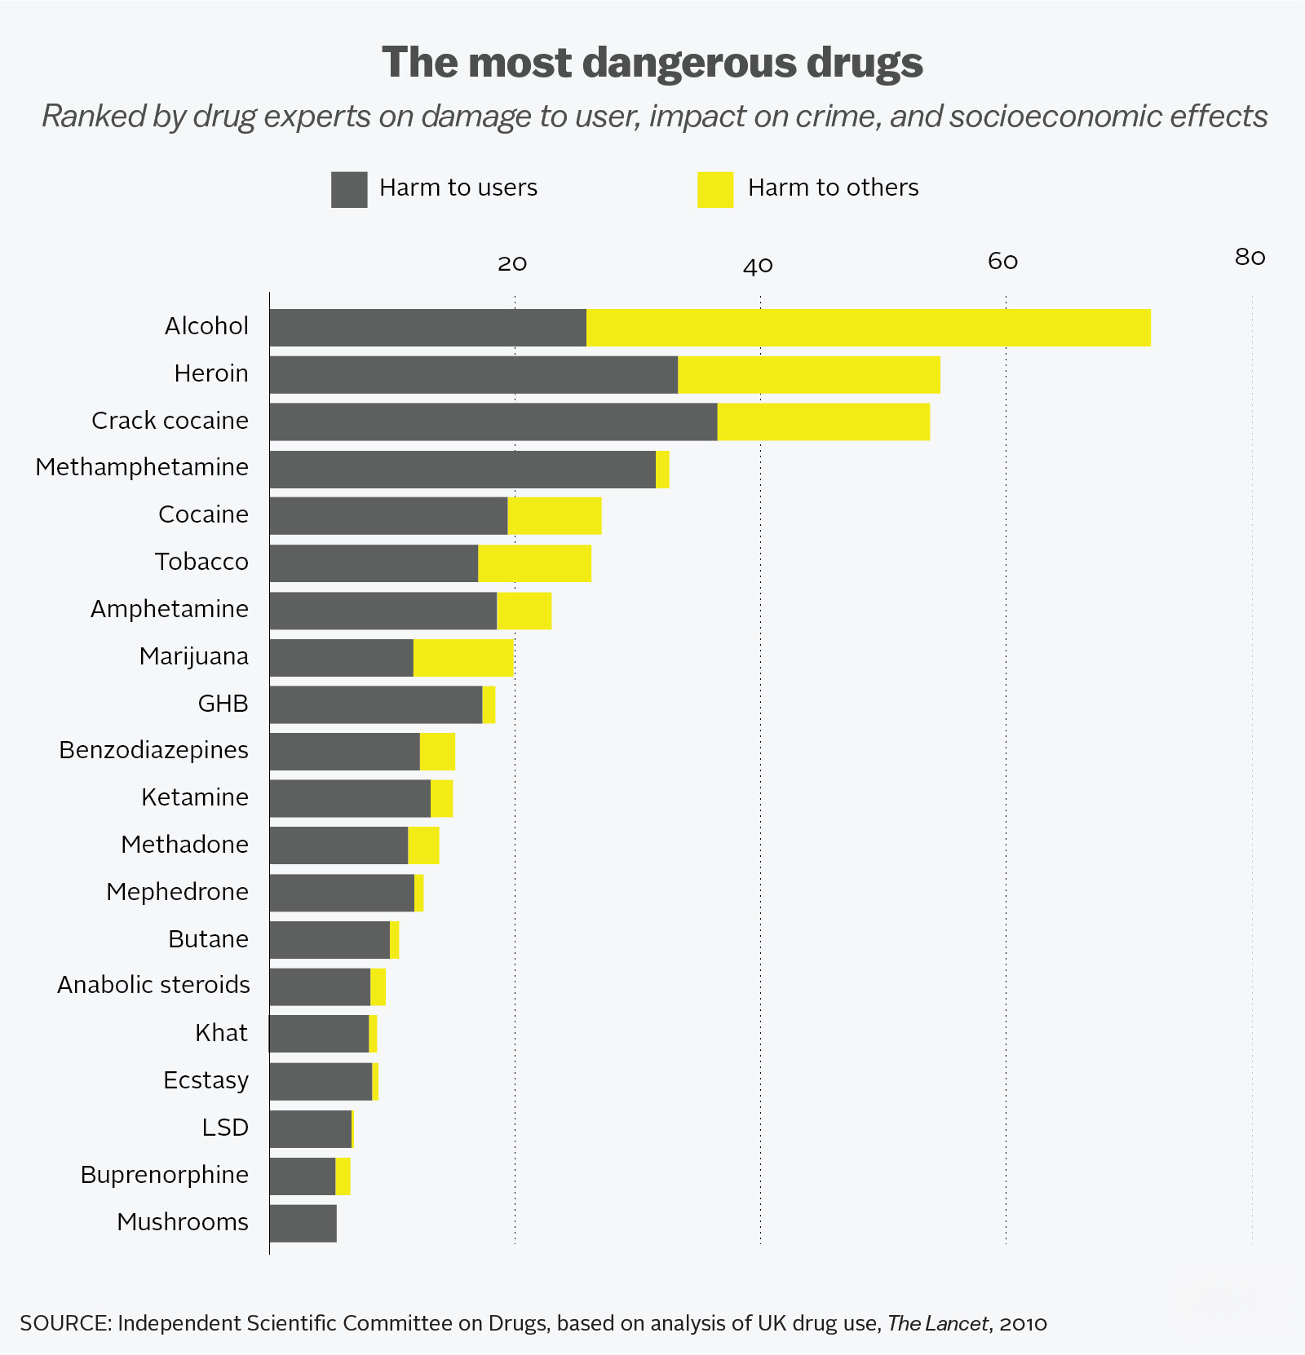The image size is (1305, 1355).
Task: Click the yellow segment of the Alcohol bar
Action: (868, 328)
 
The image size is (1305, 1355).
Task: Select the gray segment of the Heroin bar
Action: (473, 375)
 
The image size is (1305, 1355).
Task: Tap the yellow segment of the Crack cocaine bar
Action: (823, 422)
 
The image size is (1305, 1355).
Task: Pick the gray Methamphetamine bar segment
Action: (462, 470)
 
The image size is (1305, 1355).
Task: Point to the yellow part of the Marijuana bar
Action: (463, 658)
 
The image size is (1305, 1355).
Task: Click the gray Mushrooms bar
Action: (303, 1223)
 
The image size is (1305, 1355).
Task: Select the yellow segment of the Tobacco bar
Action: (534, 563)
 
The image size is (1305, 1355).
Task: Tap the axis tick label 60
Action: (1003, 262)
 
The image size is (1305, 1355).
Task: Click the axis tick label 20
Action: (512, 263)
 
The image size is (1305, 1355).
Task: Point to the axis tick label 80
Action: (1250, 258)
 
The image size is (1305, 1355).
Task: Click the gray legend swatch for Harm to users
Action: (349, 189)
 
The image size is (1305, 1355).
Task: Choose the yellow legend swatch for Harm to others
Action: (715, 189)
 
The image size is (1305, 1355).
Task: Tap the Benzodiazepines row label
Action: (153, 750)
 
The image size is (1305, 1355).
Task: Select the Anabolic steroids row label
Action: (153, 985)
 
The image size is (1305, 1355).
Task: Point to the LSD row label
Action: (225, 1128)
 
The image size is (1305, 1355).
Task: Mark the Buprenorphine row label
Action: (164, 1175)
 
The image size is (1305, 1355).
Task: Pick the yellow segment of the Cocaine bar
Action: (555, 516)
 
